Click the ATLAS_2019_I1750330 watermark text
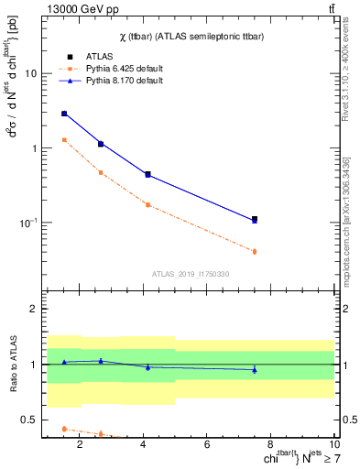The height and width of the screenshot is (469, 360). tap(191, 274)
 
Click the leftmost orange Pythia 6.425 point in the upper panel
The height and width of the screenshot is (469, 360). tap(64, 140)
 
